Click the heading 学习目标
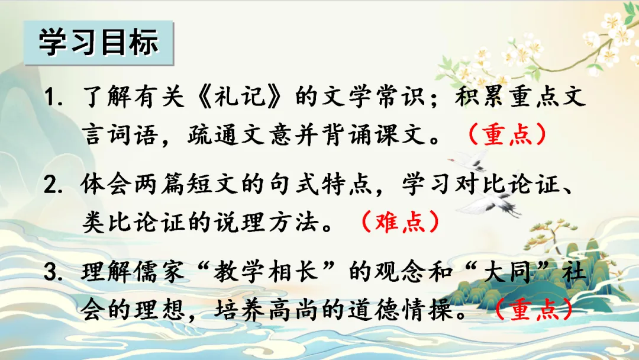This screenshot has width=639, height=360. tap(98, 43)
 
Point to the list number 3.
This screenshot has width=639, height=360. tap(53, 272)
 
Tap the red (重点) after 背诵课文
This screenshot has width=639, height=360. tap(508, 134)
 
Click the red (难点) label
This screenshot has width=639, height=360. tap(401, 222)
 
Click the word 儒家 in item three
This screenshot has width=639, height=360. tap(160, 272)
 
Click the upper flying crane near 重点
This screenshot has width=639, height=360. tap(469, 161)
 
